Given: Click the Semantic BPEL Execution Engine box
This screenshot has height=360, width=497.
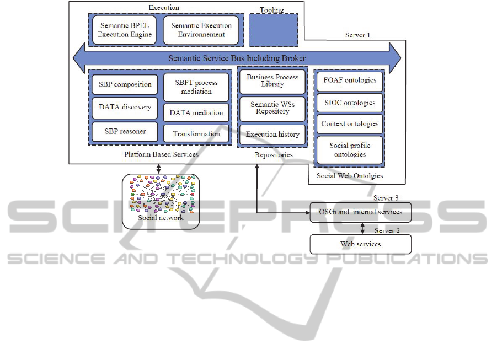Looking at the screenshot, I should (x=124, y=30).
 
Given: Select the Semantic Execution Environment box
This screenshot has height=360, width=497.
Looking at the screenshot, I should (x=201, y=30).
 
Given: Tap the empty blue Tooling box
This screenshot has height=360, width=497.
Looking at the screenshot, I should (x=273, y=30).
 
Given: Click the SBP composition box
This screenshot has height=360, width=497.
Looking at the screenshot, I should (x=125, y=84).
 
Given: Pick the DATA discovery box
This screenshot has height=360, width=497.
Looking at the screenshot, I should (x=125, y=107).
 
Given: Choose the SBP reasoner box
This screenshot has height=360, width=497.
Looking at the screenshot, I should (x=125, y=132).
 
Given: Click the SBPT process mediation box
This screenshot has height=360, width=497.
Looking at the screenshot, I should (x=196, y=87).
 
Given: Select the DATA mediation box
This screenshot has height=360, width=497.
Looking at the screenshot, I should (x=196, y=112).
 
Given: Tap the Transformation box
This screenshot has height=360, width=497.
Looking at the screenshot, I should (x=196, y=134).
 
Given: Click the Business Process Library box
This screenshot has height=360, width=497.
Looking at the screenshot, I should (x=272, y=81).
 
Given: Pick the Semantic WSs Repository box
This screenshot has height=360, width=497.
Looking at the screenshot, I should (x=272, y=108).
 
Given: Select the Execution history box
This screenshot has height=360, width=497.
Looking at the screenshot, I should (x=272, y=135).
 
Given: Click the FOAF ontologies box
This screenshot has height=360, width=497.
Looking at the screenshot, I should (x=350, y=80).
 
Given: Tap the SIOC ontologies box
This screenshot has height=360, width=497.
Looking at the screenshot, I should (x=350, y=103).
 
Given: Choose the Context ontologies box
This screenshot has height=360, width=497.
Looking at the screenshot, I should (x=350, y=124).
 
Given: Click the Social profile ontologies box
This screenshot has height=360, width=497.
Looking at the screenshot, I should (x=350, y=150).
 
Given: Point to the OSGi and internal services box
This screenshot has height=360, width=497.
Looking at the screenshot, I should (x=361, y=212).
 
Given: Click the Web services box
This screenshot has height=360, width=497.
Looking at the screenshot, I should (x=361, y=244).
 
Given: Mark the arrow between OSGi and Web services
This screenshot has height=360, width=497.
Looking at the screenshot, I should (x=362, y=228).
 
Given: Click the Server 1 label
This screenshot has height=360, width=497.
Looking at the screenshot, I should (x=357, y=35).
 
